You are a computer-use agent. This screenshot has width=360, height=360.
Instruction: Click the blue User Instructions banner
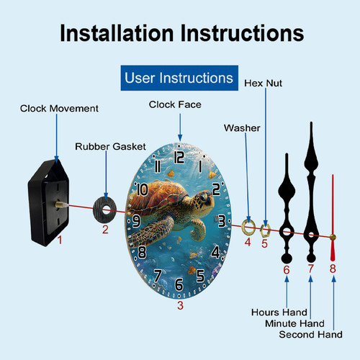coord(179,78)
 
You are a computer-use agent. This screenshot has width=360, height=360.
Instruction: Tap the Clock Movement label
coord(59,109)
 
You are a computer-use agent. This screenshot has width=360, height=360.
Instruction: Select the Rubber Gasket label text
coord(110,146)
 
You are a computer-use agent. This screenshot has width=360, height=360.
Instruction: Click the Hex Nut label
coord(263,84)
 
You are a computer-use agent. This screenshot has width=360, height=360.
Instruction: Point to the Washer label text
coord(242,128)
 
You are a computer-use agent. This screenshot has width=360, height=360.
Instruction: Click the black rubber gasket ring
coord(98,210)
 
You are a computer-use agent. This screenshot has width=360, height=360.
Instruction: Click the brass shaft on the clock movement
coord(62,204)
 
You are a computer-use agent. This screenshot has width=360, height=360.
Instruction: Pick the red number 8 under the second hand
coord(333,269)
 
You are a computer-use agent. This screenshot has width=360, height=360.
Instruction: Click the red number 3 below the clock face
coord(180,305)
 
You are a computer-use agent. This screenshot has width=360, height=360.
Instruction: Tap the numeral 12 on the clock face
coord(179,157)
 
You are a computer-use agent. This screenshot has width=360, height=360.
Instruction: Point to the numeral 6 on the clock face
coord(179,284)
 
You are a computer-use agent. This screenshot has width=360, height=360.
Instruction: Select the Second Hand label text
coord(310,334)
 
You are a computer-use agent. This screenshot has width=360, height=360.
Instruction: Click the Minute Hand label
coord(294,323)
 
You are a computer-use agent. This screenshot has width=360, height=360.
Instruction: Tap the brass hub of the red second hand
coord(333,237)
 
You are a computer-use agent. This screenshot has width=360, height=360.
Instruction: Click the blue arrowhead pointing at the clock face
coord(180,138)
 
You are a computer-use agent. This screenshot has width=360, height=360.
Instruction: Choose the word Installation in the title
coord(117,33)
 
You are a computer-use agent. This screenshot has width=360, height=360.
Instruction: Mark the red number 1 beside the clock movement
coord(60,240)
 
